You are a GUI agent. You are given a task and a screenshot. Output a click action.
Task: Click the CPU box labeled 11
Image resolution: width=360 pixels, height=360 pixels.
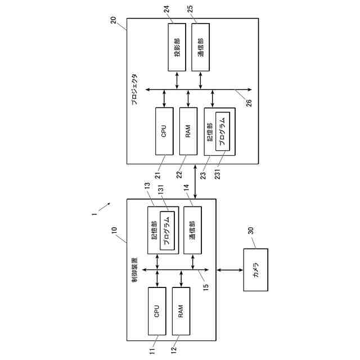tap(157, 310)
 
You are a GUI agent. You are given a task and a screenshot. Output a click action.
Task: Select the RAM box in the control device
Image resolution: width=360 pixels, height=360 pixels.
tap(181, 310)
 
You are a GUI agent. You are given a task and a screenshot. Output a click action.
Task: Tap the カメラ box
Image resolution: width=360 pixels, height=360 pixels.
tap(256, 271)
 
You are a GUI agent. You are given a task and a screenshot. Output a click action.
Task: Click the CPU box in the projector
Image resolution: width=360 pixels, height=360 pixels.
tap(164, 131)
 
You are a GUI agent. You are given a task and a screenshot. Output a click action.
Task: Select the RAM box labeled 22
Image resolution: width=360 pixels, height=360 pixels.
tap(188, 131)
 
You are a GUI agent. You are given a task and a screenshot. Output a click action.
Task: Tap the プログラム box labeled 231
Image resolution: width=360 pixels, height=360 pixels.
tap(222, 131)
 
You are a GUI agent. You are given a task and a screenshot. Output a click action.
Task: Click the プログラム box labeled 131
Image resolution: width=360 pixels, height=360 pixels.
tap(167, 231)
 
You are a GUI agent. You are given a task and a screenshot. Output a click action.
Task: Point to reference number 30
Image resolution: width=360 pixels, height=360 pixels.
tap(251, 231)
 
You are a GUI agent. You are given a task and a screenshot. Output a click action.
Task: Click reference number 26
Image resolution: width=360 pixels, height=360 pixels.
tap(249, 103)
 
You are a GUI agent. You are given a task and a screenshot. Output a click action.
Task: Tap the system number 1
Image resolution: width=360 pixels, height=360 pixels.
tap(94, 214)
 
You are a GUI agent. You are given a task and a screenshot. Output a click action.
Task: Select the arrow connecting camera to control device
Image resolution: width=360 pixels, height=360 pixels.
tap(229, 271)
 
